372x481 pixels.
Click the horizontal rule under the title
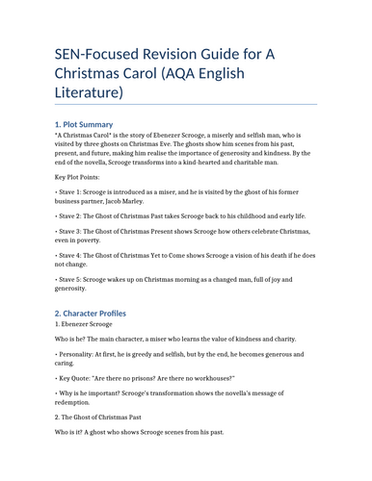click(x=185, y=105)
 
